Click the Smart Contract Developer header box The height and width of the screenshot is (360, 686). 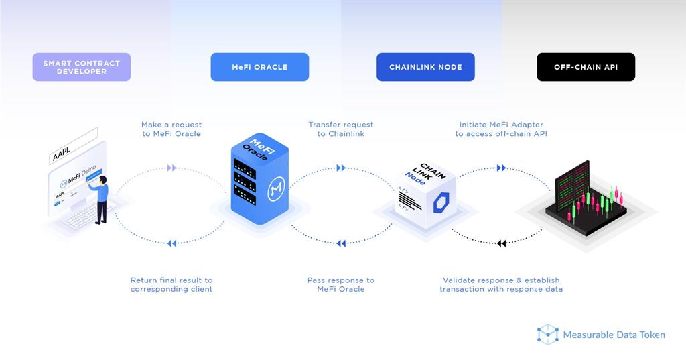(x=81, y=67)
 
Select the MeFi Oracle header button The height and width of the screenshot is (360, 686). (x=259, y=67)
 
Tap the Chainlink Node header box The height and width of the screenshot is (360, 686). (x=425, y=67)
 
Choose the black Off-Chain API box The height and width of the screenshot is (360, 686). (x=586, y=67)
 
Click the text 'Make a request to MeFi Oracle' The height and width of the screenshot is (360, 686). (x=171, y=129)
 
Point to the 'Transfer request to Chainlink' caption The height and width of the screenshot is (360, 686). (x=341, y=129)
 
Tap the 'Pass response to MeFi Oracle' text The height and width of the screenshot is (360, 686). (x=341, y=285)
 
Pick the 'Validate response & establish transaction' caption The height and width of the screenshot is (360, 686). (x=501, y=285)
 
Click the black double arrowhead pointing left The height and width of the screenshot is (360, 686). (x=502, y=243)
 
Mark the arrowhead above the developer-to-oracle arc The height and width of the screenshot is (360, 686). (x=171, y=168)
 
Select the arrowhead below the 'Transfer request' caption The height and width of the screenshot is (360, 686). (x=341, y=168)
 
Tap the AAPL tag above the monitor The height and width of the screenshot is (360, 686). (x=72, y=146)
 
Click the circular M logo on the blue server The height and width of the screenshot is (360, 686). (x=276, y=189)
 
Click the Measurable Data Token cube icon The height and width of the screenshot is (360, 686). (x=548, y=335)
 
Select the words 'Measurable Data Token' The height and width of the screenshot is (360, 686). (x=614, y=335)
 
